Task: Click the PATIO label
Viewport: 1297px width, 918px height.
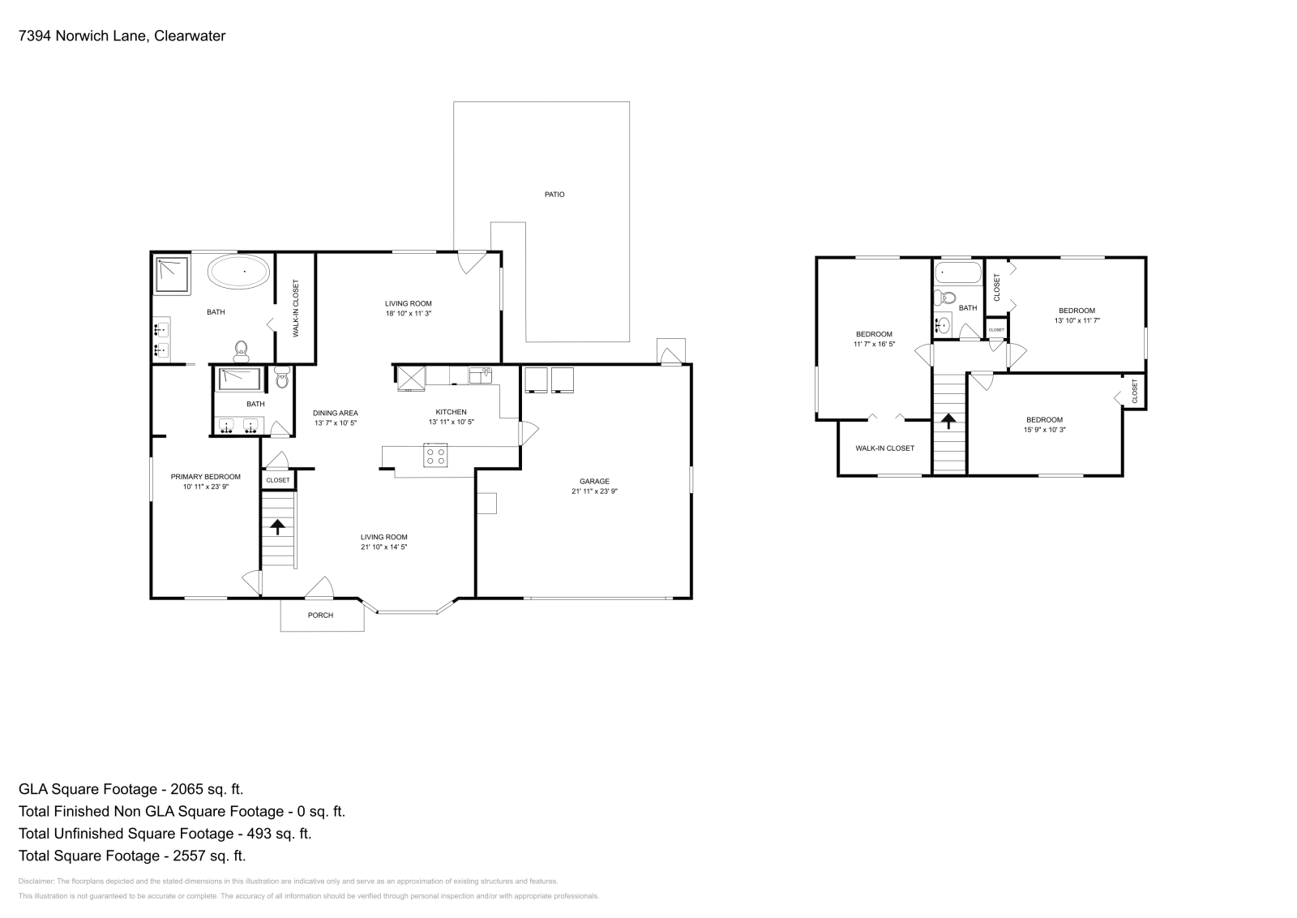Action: (554, 195)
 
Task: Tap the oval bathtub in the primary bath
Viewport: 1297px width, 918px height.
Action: (239, 272)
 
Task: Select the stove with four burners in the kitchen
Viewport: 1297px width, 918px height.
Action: (435, 456)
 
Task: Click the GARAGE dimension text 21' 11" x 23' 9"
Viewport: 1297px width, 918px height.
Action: (594, 491)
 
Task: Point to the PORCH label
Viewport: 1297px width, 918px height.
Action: (320, 616)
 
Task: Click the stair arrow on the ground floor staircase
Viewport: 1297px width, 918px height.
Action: (278, 527)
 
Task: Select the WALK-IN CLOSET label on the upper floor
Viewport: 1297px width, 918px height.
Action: (884, 448)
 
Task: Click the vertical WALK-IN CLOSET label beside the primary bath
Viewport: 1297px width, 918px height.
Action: (296, 308)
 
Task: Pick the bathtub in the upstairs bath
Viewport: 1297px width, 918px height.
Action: (957, 272)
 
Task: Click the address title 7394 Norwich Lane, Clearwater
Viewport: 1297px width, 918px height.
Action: (122, 36)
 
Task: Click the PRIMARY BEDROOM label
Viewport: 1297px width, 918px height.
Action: (205, 477)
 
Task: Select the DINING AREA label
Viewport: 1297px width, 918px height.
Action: (335, 413)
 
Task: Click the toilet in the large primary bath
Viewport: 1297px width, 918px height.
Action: (241, 350)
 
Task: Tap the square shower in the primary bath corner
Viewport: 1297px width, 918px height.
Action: (171, 274)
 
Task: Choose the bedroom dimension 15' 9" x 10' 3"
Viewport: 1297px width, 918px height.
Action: (1044, 430)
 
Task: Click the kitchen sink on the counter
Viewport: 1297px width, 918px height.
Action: (480, 375)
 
